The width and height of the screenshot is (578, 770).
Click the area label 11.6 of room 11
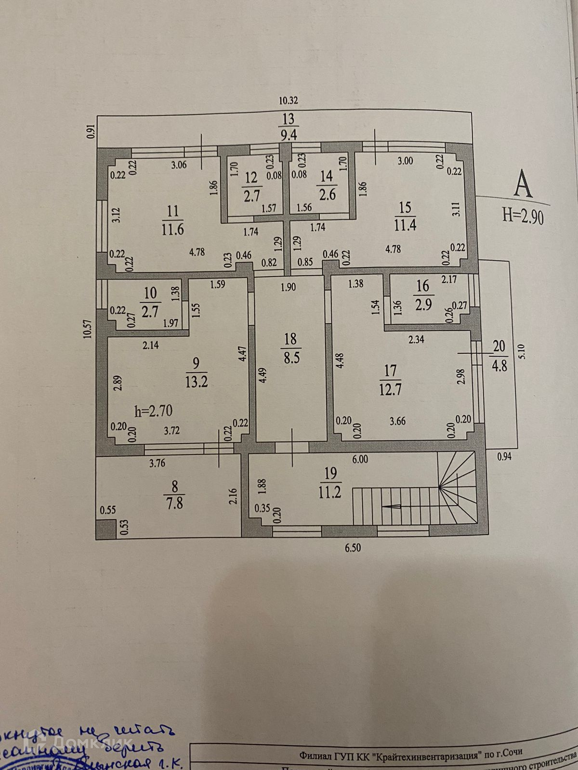click(172, 229)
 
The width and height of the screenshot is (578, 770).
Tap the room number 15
click(405, 207)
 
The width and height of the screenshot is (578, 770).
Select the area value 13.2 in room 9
click(196, 383)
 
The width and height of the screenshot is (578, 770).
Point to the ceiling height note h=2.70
click(153, 411)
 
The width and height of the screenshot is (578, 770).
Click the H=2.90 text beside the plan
click(523, 215)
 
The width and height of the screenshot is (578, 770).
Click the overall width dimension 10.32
click(289, 101)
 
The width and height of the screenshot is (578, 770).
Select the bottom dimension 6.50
click(352, 548)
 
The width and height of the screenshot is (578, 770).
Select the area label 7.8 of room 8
click(174, 504)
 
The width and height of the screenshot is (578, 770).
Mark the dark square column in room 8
click(105, 529)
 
